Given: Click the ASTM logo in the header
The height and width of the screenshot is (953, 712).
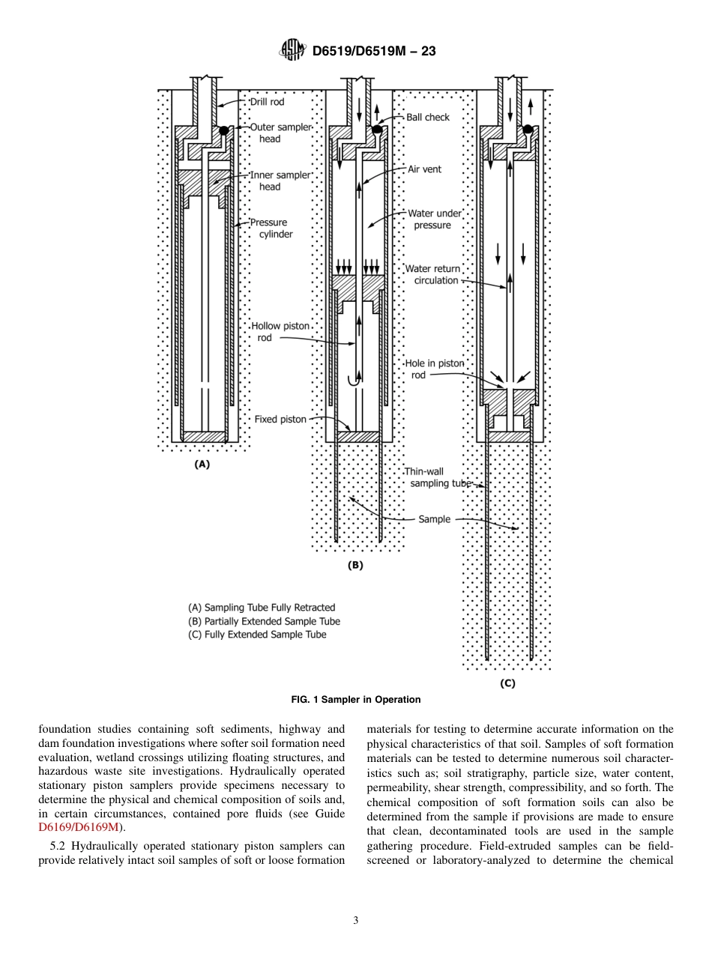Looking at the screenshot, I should point(292,50).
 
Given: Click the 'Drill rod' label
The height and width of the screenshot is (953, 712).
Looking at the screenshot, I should point(267,102).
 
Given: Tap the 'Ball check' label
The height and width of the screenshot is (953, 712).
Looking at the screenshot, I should point(428,117).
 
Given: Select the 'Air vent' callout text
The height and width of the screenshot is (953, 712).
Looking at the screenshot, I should point(424,169).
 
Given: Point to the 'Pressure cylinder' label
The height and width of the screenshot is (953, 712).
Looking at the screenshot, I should point(271,229).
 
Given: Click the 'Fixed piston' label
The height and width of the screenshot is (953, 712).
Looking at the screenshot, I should point(280,420).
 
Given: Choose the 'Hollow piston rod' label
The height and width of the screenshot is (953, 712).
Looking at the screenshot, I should point(280,332).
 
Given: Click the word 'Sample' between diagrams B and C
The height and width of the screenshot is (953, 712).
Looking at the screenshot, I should point(435,518).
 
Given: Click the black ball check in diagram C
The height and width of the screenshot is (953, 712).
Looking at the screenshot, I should point(528,129).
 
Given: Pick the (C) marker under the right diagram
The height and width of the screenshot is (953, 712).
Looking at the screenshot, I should point(507,683).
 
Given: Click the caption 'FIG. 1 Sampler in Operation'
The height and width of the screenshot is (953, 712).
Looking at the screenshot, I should point(356,700).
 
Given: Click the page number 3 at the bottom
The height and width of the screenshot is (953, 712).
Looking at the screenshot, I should point(356,921).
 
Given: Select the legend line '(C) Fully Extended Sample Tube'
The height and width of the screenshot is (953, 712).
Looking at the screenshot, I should point(257,635).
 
